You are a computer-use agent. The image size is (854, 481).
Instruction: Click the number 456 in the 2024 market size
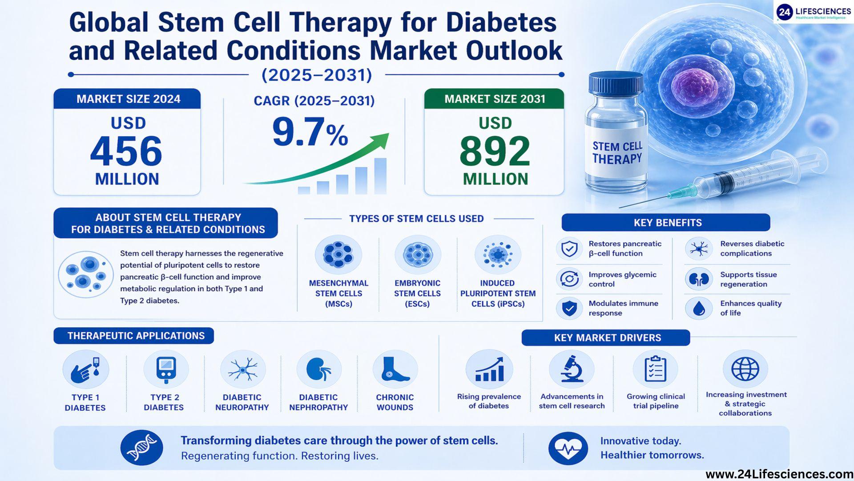coord(126,151)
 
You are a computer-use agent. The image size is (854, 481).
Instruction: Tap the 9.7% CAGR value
coord(310,132)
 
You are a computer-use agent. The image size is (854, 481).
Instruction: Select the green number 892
coord(495,151)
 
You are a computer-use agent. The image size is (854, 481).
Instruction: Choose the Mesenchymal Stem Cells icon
coord(338,255)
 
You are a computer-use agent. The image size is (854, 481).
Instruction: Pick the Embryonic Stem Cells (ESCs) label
coord(417,293)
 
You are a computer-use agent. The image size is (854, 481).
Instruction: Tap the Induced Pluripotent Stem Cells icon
coord(498,255)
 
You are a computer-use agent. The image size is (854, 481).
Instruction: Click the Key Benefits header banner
coord(666,222)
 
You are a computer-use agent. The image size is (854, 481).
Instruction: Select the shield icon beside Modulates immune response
coord(569,308)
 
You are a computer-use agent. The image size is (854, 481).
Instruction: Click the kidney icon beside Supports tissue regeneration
coord(699,279)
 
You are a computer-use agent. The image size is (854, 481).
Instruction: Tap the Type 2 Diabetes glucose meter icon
coord(166,369)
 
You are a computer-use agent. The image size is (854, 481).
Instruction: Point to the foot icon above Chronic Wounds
coord(395,369)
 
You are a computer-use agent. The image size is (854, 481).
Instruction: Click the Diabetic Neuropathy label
coord(242,402)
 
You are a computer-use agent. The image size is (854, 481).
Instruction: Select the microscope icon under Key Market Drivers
coord(572,368)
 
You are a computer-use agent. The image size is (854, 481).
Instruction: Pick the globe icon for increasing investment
coord(745,368)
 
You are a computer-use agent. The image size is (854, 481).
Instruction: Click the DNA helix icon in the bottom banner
coord(141,448)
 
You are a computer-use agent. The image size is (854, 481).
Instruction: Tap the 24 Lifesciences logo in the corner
coord(814,12)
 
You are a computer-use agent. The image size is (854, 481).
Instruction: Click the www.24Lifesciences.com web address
coord(779,474)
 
